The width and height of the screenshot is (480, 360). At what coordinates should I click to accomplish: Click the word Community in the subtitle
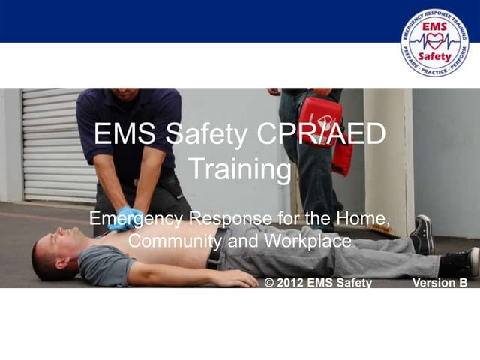175,241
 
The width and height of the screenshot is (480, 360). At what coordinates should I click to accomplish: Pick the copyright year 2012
289,283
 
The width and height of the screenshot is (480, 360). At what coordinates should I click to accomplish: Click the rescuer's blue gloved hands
125,218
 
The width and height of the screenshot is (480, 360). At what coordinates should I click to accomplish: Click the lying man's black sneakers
422,235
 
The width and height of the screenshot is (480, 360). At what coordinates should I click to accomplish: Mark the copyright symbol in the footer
270,283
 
